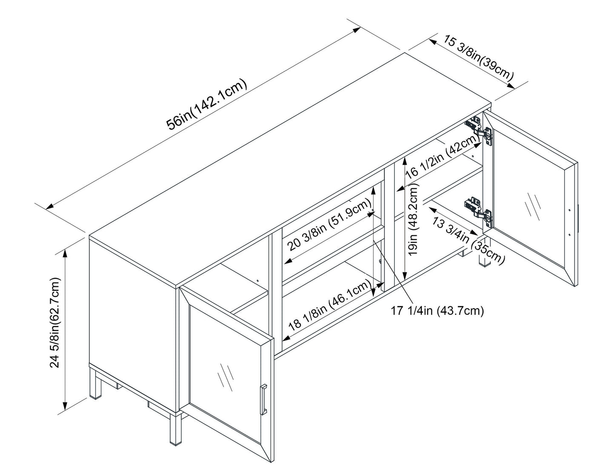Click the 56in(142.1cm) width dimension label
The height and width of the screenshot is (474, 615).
point(207,105)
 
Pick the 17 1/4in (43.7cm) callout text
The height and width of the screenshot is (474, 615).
point(438,311)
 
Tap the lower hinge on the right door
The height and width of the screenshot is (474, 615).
point(479,209)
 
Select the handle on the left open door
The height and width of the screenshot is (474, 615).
point(263,399)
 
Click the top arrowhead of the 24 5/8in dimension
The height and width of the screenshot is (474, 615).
point(65,251)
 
